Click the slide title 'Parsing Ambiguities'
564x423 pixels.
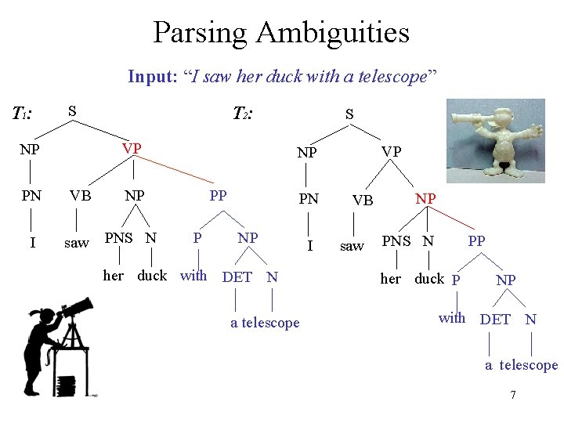[x=281, y=33]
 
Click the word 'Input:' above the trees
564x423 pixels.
[x=153, y=76]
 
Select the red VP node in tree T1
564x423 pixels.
[x=131, y=149]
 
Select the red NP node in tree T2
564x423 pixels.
[x=425, y=198]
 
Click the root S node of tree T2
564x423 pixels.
[x=350, y=114]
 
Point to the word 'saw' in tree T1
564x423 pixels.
[x=76, y=243]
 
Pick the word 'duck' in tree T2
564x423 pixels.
[x=428, y=278]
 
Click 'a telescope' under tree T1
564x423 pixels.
[x=265, y=323]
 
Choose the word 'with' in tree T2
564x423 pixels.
[x=452, y=317]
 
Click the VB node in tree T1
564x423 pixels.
[x=79, y=196]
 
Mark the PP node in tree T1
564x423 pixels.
[x=218, y=195]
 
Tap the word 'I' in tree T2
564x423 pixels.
[x=310, y=246]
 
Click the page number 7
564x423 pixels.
[x=512, y=395]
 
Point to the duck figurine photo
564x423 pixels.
[x=496, y=141]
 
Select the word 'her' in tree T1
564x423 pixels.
[x=114, y=276]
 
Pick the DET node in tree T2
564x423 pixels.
[x=495, y=319]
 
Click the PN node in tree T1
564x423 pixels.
[x=31, y=196]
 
